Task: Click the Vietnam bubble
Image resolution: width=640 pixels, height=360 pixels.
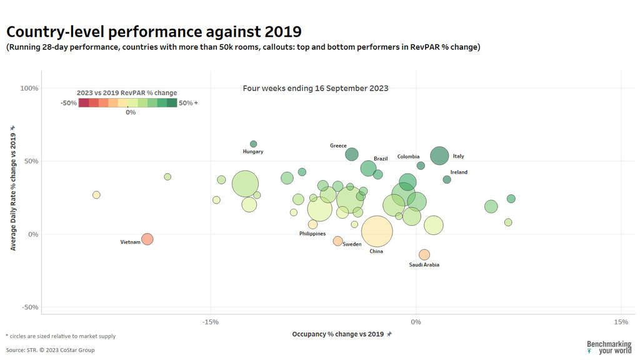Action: [147, 239]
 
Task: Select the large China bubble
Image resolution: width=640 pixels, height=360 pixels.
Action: [376, 232]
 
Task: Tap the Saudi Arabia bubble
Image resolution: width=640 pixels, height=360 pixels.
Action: [424, 254]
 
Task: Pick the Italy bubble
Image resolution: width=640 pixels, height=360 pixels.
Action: [439, 156]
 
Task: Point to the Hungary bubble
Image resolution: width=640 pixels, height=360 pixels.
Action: [253, 144]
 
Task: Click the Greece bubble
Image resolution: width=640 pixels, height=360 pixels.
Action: [352, 154]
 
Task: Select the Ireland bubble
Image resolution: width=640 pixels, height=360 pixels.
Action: [447, 180]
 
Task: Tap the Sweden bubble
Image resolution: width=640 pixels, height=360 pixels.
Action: [338, 241]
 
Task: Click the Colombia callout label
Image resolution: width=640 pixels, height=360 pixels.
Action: [408, 157]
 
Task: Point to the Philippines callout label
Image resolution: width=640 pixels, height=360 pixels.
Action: [312, 234]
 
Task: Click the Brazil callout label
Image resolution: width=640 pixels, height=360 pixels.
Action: [381, 159]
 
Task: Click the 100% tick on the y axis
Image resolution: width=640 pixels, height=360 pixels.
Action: [29, 88]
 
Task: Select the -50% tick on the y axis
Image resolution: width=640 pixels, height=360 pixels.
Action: [29, 307]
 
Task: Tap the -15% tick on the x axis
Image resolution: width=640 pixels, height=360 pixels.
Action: [211, 322]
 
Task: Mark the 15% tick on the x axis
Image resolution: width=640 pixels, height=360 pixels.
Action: [621, 322]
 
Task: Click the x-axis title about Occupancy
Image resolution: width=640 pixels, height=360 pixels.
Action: [338, 334]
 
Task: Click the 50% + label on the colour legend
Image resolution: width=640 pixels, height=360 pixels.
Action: [188, 103]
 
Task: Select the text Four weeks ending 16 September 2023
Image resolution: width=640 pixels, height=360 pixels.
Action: [316, 88]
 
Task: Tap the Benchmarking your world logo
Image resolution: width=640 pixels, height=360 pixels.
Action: [609, 347]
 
